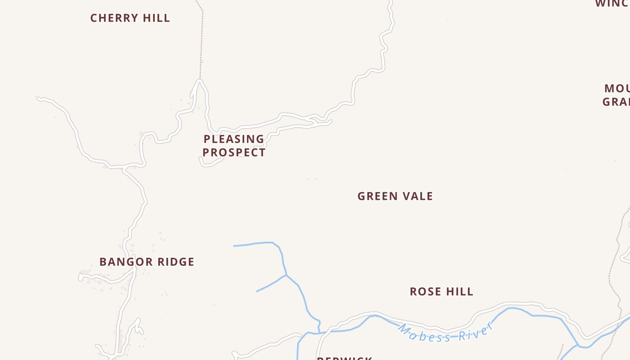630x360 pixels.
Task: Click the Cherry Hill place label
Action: (x=130, y=18)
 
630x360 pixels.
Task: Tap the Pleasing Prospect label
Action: (x=234, y=145)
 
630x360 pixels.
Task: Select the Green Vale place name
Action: (x=395, y=196)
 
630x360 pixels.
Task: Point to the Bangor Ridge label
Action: (x=147, y=262)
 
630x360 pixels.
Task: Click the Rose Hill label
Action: (x=441, y=292)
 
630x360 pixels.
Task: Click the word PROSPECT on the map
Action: (x=234, y=153)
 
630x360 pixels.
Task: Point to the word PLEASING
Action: (x=234, y=139)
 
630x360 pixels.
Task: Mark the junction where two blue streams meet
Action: (x=286, y=275)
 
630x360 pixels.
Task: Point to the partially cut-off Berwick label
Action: (x=344, y=358)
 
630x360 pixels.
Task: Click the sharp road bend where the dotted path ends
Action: (x=199, y=81)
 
